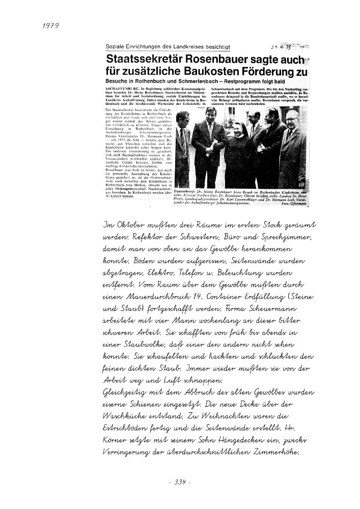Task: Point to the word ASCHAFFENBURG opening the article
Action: pyautogui.click(x=118, y=88)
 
